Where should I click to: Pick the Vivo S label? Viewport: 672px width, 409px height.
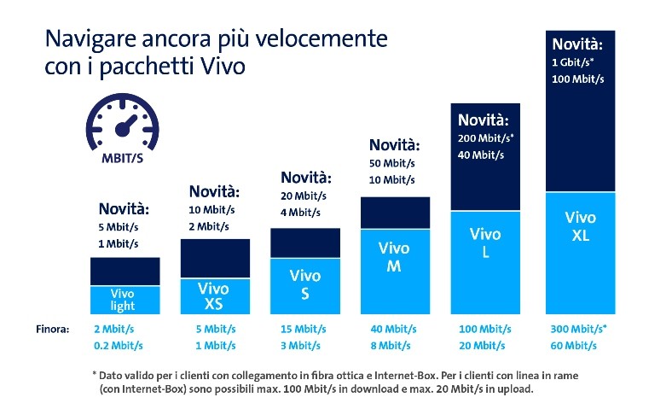point(305,283)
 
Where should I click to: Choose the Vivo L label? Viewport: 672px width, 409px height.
point(485,242)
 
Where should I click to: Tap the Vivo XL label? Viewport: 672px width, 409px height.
point(580,227)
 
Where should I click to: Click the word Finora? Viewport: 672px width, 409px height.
point(52,329)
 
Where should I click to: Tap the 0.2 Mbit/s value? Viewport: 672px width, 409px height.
point(119,345)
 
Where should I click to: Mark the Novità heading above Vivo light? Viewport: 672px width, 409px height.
point(124,208)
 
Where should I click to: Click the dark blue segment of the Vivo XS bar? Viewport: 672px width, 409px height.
point(215,257)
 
